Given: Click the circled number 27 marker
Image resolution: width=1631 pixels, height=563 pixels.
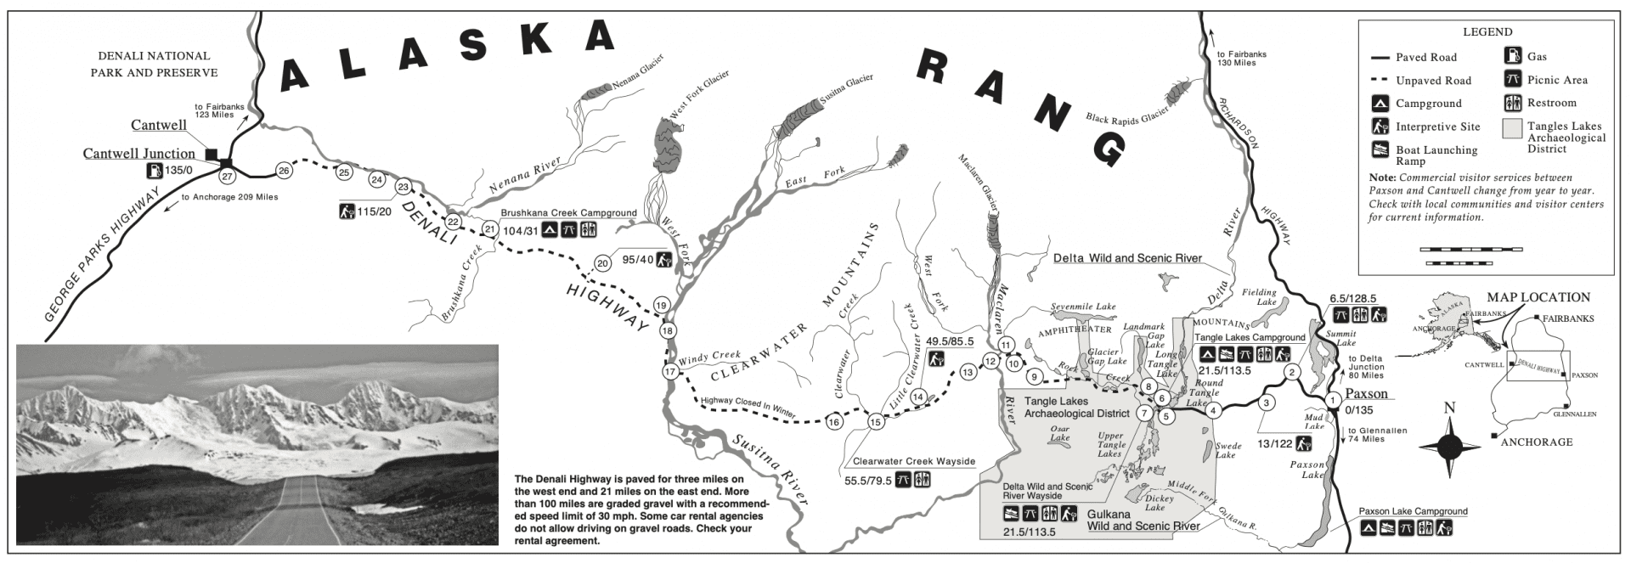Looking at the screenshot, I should [x=227, y=177].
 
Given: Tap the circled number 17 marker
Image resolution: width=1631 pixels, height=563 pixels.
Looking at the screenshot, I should [x=669, y=372].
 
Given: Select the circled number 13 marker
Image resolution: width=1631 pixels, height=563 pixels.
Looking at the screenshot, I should [x=967, y=372].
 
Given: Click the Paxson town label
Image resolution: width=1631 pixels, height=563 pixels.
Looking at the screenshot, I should [x=1367, y=394].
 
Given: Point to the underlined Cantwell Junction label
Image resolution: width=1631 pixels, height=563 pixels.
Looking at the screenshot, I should [x=138, y=154].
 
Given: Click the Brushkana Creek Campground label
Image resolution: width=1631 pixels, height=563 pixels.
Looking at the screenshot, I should [x=568, y=212].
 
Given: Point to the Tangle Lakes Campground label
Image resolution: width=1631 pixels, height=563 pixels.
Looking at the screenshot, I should [x=1250, y=338].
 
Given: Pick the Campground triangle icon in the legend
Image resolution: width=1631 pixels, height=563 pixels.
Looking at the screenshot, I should [x=1380, y=104].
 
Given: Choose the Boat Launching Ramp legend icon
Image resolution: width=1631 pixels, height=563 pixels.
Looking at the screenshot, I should [x=1380, y=151].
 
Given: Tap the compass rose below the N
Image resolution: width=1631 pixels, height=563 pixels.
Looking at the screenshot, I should [x=1449, y=445].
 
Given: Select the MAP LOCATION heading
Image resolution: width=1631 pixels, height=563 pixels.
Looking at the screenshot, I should [x=1538, y=298].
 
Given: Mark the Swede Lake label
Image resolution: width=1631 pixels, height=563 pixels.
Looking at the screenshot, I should [x=1228, y=450].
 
